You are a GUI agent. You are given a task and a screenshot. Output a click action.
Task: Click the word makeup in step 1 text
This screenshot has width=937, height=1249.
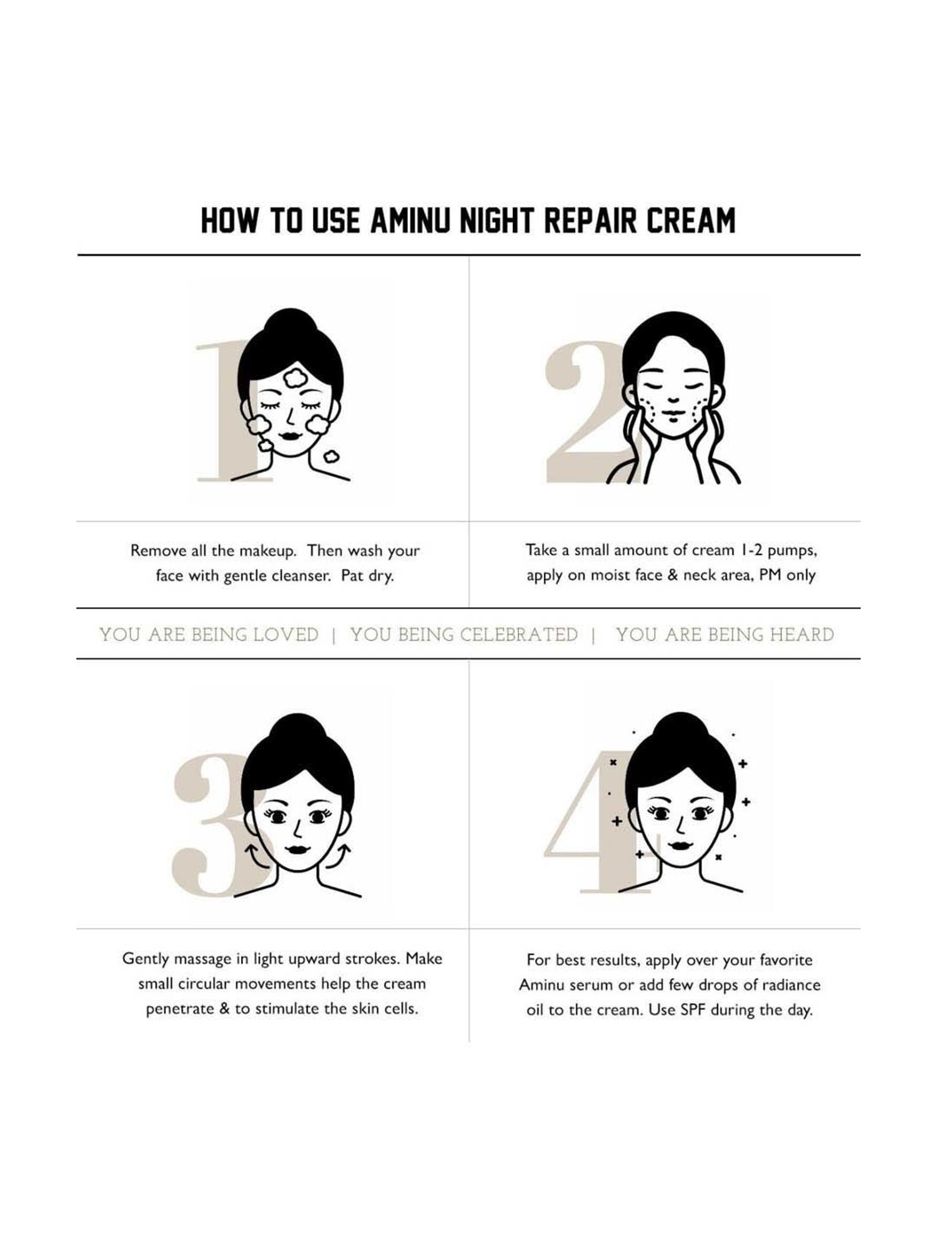point(269,551)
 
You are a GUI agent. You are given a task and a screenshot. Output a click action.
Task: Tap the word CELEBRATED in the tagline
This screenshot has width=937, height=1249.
point(519,635)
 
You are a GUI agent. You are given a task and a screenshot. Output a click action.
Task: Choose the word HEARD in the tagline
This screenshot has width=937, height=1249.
point(801,635)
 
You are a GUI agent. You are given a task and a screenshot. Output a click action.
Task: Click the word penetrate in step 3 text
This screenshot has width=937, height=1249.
point(180,1010)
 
